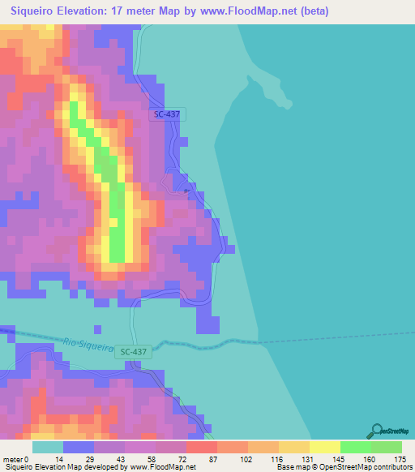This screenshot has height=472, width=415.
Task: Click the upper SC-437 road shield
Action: [x=167, y=114]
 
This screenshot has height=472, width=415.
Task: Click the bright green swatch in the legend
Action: [x=355, y=447]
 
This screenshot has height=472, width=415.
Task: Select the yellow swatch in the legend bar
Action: [x=324, y=447]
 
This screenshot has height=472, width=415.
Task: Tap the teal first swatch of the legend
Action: [x=48, y=447]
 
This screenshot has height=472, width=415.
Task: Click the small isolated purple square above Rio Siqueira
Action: [x=97, y=329]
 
